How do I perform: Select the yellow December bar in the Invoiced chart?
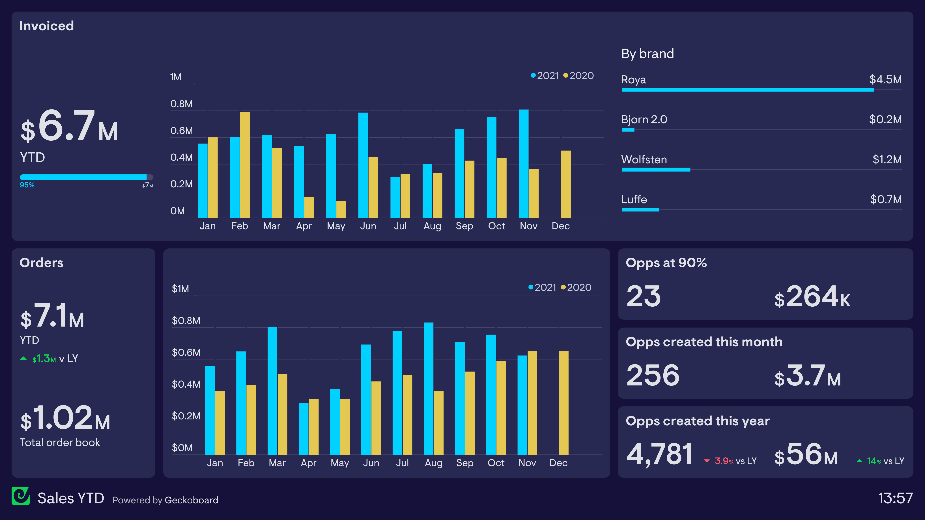565,184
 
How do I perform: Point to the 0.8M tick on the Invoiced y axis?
181,104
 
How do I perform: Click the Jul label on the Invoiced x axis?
400,226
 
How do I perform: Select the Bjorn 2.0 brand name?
644,120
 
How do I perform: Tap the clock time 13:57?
895,498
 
